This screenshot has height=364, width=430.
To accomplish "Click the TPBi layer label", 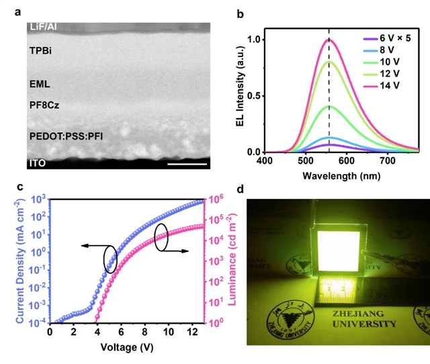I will [41, 50].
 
